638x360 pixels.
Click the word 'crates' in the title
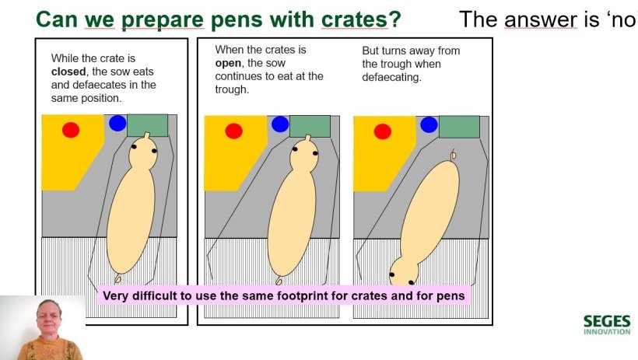tap(354, 19)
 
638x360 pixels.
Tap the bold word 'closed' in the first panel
tap(68, 72)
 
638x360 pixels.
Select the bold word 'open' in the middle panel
tap(228, 64)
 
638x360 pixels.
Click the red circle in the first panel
tap(71, 130)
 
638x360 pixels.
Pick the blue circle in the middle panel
tap(280, 124)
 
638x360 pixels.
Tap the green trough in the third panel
tap(459, 127)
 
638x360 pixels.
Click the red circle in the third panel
tap(383, 131)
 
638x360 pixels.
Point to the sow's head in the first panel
tap(143, 152)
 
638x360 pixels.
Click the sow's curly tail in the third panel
tap(454, 155)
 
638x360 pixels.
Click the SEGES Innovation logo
tap(607, 324)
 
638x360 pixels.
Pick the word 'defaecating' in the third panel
tap(391, 77)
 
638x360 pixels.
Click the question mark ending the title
tap(395, 19)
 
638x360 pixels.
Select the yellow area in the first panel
tap(69, 152)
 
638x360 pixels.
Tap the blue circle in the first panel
tap(117, 124)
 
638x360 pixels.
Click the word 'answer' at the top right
tap(540, 19)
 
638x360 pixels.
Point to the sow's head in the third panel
tap(404, 271)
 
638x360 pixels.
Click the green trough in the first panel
tap(147, 125)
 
